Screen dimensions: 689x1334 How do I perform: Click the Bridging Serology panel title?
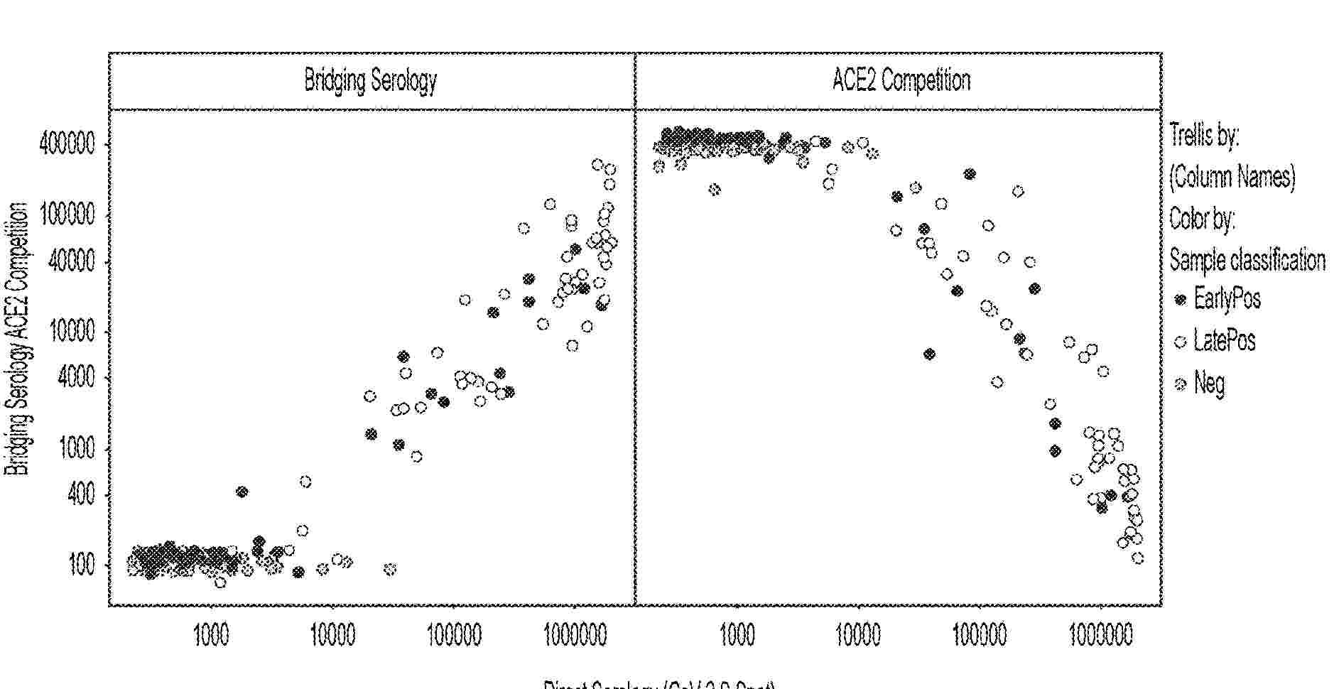pyautogui.click(x=370, y=80)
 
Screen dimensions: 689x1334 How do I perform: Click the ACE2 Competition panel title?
pyautogui.click(x=901, y=80)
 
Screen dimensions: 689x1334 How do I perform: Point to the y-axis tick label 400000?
pyautogui.click(x=65, y=145)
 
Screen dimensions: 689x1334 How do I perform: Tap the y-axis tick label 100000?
pyautogui.click(x=65, y=215)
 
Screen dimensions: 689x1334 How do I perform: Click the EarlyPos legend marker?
pyautogui.click(x=1181, y=300)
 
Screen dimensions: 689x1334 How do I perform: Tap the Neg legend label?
pyautogui.click(x=1209, y=384)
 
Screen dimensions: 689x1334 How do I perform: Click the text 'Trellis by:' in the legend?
pyautogui.click(x=1204, y=135)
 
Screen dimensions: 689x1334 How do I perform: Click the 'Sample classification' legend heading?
pyautogui.click(x=1247, y=260)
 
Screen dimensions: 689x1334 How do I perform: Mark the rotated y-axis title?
pyautogui.click(x=17, y=338)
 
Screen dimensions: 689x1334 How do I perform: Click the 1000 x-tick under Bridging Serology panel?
pyautogui.click(x=211, y=634)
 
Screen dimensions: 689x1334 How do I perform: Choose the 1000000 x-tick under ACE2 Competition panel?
pyautogui.click(x=1100, y=634)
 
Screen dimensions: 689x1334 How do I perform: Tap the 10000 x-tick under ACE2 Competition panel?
pyautogui.click(x=858, y=634)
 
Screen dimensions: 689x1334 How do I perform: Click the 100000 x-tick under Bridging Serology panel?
pyautogui.click(x=454, y=634)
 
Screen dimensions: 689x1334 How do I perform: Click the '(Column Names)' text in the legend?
pyautogui.click(x=1232, y=176)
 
